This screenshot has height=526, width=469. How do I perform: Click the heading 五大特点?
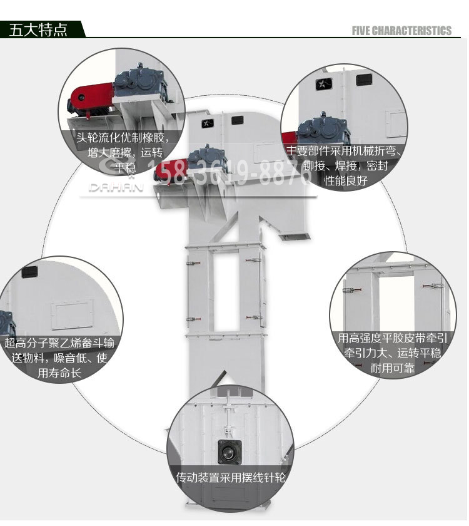point(38,30)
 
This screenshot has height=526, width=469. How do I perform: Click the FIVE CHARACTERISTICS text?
point(401,31)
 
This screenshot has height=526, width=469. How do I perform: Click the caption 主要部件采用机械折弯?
point(343,152)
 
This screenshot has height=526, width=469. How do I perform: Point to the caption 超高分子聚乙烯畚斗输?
point(59,343)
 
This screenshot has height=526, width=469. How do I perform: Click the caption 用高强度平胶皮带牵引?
point(391,339)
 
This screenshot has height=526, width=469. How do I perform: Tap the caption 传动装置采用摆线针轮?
point(231,478)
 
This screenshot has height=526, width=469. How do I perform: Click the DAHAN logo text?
point(116,187)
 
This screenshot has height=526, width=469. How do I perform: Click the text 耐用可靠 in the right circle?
point(393,368)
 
